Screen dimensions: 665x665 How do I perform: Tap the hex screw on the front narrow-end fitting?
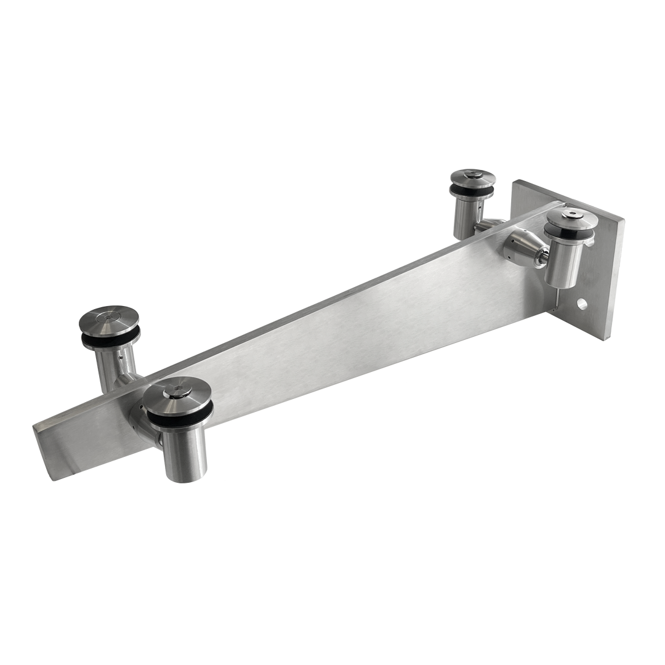coord(178,390)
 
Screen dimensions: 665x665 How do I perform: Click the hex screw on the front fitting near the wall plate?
coord(572,217)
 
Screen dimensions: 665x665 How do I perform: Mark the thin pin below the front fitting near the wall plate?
coord(557,298)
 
